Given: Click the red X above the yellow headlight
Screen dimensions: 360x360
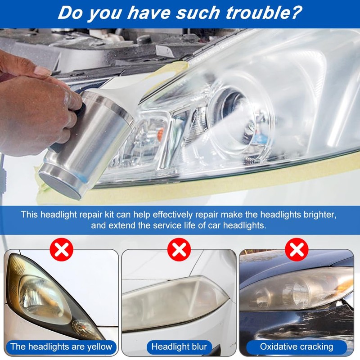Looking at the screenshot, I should point(61,249).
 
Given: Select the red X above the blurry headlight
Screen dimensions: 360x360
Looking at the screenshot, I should point(179,249).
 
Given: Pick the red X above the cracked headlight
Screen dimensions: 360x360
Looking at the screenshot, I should point(297,249).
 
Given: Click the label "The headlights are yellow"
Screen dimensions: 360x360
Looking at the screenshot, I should point(61,346).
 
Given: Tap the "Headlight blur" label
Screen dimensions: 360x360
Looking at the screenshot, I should point(179,346).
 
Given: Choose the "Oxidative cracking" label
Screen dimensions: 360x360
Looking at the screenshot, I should point(297,346).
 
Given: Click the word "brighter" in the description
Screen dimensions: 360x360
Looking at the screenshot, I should point(319,214).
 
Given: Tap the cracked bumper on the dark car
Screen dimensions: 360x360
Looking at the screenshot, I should point(310,322).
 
